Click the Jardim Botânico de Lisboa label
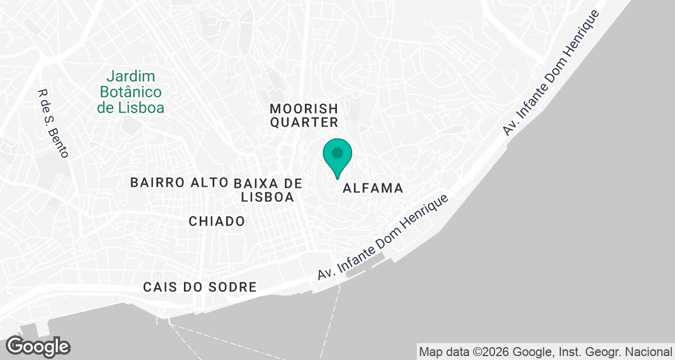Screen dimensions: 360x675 [x=130, y=92]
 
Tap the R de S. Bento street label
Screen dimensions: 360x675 [x=52, y=124]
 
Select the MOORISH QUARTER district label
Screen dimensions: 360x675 [x=304, y=115]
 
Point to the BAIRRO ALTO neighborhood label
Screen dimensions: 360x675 [x=179, y=182]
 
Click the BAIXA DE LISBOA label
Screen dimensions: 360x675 [x=267, y=190]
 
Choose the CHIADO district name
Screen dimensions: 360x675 [x=217, y=221]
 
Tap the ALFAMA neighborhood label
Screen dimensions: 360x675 [x=373, y=188]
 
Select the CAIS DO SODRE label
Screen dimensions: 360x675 [x=200, y=287]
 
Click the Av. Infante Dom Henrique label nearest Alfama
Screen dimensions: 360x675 [x=384, y=238]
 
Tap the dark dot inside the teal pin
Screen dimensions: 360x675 [x=337, y=152]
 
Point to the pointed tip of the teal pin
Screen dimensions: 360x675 [x=337, y=178]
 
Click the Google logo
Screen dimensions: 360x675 [x=38, y=346]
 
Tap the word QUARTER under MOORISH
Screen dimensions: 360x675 [x=304, y=122]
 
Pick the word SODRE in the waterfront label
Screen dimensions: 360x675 [x=235, y=287]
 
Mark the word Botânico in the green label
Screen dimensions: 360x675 [x=130, y=92]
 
